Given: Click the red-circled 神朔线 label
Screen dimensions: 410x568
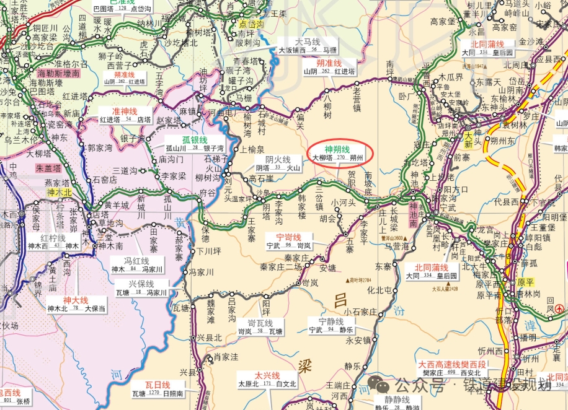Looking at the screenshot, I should click(x=337, y=149).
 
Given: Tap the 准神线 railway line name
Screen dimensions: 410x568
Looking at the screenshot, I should click(x=120, y=111).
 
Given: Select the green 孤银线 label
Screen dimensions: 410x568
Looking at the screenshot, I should click(x=195, y=140).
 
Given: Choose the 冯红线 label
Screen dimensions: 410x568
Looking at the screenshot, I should click(x=136, y=261).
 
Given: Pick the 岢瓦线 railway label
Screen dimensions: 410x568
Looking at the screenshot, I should click(x=260, y=323).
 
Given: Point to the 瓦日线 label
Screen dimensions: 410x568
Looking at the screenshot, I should click(x=157, y=385).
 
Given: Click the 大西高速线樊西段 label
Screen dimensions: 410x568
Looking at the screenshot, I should click(x=451, y=364).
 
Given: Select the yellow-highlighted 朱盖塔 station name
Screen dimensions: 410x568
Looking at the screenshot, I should click(x=48, y=168).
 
